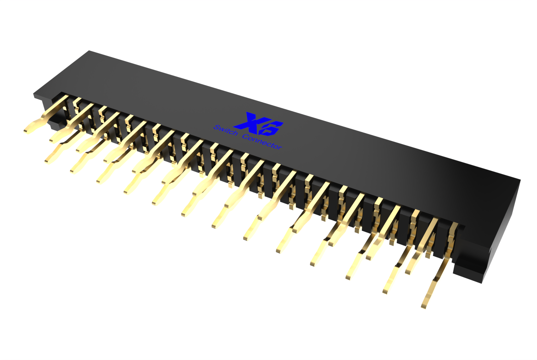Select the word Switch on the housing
pos(226,131)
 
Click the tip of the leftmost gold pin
pos(26,130)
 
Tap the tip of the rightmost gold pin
pos(424,306)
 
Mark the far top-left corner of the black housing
pos(89,51)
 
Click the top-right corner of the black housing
pos(520,180)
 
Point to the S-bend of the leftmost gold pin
pos(45,117)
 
